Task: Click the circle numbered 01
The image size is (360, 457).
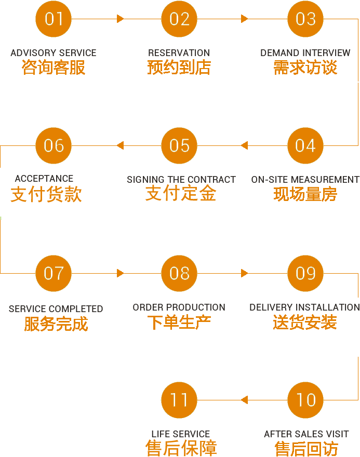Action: pyautogui.click(x=54, y=19)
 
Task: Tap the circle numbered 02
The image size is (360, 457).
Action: pyautogui.click(x=179, y=19)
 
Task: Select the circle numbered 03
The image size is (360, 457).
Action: pyautogui.click(x=305, y=19)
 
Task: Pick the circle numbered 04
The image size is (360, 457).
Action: pyautogui.click(x=305, y=146)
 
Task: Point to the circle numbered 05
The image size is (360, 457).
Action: pyautogui.click(x=179, y=146)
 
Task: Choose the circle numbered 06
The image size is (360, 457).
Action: pyautogui.click(x=54, y=146)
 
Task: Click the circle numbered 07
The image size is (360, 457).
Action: pyautogui.click(x=54, y=273)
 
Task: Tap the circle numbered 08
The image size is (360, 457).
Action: pyautogui.click(x=179, y=273)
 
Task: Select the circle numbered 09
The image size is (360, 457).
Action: pyautogui.click(x=305, y=273)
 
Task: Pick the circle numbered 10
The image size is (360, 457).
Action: pyautogui.click(x=305, y=400)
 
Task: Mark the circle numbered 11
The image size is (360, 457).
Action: pyautogui.click(x=179, y=400)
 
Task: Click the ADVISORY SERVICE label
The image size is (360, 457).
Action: pyautogui.click(x=54, y=53)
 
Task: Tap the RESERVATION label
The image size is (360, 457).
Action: pyautogui.click(x=179, y=53)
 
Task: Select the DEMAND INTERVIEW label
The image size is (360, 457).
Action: pyautogui.click(x=305, y=53)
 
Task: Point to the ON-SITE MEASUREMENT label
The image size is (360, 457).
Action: pyautogui.click(x=305, y=180)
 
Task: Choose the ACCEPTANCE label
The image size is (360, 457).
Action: pyautogui.click(x=44, y=179)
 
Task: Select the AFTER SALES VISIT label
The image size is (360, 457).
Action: pyautogui.click(x=306, y=434)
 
